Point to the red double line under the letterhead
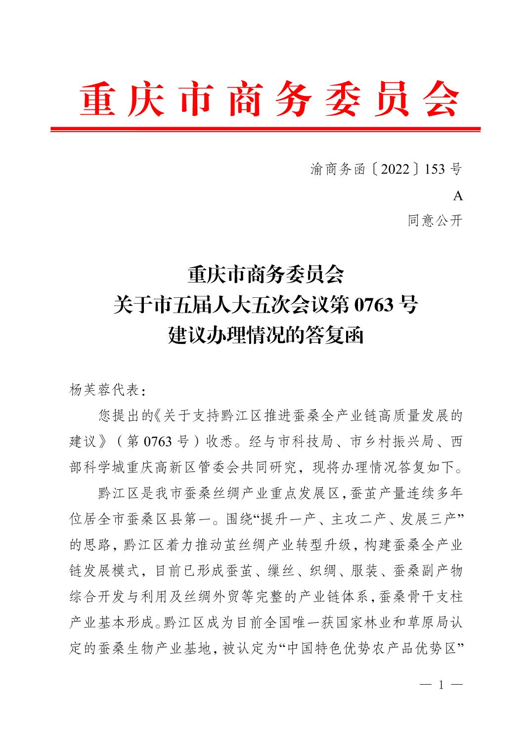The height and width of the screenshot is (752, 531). (x=265, y=130)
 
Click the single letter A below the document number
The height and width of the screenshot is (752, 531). (x=458, y=196)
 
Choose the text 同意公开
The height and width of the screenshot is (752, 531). (x=435, y=221)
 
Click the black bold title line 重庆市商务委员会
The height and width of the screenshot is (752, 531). (x=265, y=275)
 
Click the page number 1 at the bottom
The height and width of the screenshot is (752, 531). (x=440, y=685)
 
